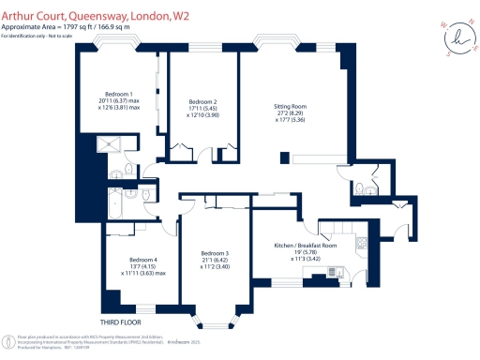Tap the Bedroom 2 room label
point(202,101)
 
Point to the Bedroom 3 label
point(215,252)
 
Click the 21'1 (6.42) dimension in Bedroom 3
point(215,260)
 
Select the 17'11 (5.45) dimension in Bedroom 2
point(202,109)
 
